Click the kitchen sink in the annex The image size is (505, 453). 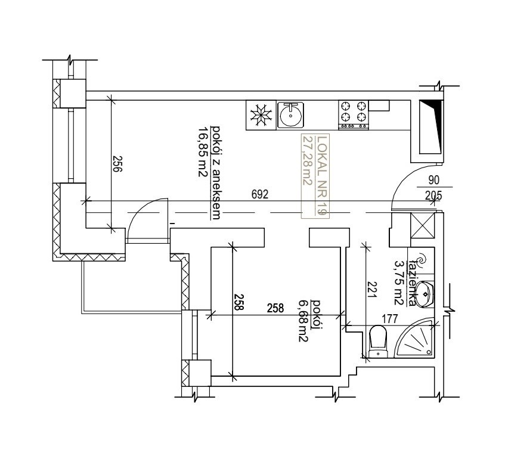pos(291,115)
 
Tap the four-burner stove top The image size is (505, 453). pos(354,115)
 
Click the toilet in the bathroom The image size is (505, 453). pos(378,342)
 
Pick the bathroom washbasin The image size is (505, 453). pos(425,294)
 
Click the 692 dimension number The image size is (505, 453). pos(259,194)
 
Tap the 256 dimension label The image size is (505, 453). pos(117,165)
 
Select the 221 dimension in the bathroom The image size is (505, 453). pos(372,290)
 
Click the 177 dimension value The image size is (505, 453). pos(390,319)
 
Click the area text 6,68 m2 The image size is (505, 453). pos(303,321)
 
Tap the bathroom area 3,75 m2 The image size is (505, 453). pos(399,283)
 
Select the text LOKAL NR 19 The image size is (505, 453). pos(322,176)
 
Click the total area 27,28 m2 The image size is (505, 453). pos(307,161)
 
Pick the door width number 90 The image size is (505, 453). pos(434,180)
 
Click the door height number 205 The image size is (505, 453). pos(433,196)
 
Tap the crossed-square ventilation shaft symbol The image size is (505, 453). pos(423,226)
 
